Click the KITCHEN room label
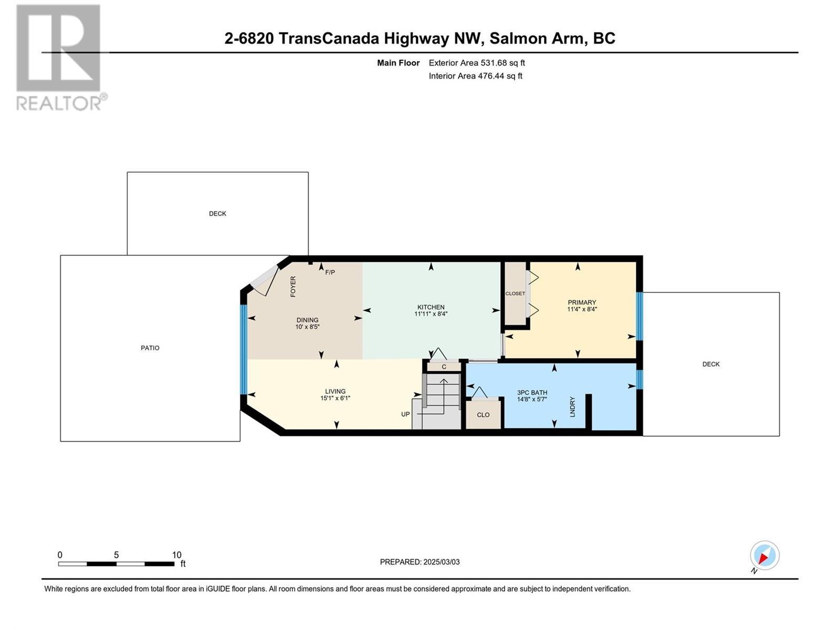pos(430,307)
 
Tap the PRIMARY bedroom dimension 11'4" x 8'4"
pos(582,310)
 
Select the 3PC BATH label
pos(532,392)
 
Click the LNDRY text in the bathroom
pos(573,407)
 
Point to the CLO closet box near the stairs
pos(483,415)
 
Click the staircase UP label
pos(405,414)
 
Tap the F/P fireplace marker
pos(330,272)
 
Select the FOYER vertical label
pos(293,287)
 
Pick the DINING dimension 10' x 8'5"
pos(307,327)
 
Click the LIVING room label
pos(335,391)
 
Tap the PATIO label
pos(150,348)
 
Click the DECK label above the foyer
pos(217,214)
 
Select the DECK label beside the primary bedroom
pos(711,364)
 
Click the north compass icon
pos(764,555)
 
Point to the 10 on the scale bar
pos(176,555)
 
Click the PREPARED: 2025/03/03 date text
pos(419,562)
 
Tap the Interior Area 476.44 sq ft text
pos(475,76)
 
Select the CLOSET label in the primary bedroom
pos(515,293)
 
